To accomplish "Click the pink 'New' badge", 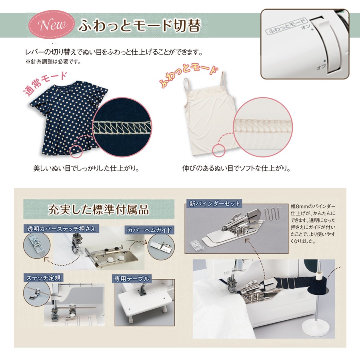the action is point(52,24).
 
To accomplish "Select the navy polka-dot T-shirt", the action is point(68,118).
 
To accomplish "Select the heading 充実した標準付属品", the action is point(98,209).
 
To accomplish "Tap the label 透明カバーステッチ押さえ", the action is point(61,229).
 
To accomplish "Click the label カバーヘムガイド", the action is point(150,230).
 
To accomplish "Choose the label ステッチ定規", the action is point(43,278).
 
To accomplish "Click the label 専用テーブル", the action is point(132,279).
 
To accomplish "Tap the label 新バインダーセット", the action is point(214,204).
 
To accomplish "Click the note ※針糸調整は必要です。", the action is point(53,62).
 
